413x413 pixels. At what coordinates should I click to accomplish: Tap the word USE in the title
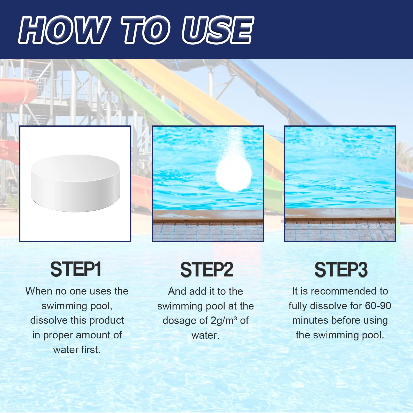218,30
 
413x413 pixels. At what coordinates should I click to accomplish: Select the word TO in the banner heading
146,30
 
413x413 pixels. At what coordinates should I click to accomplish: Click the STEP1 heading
76,269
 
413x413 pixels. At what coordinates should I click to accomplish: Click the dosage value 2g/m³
224,321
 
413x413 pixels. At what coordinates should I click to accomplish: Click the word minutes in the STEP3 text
310,320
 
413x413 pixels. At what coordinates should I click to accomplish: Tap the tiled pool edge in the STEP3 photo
340,230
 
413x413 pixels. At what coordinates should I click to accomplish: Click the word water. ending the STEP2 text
205,335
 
